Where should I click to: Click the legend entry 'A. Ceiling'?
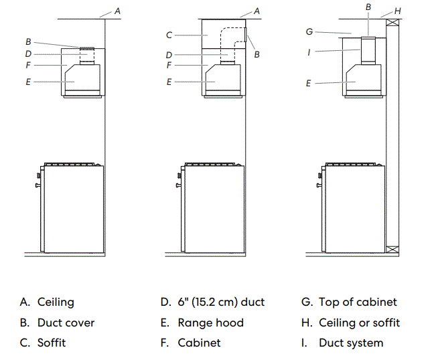coord(47,302)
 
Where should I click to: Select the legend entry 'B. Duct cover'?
coord(57,323)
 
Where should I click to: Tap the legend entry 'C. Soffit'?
coord(43,343)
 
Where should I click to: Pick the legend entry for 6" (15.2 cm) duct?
coord(212,302)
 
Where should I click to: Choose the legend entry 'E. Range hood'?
coord(202,323)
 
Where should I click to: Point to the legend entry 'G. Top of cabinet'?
coord(349,302)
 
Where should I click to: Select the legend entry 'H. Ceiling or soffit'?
coord(350,323)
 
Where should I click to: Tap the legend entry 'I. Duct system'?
coord(342,343)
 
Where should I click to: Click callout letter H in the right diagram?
coord(398,11)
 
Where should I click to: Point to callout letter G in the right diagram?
coord(309,31)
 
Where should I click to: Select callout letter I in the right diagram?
coord(309,51)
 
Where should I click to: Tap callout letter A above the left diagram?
coord(118,11)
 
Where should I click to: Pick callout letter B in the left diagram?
coord(27,42)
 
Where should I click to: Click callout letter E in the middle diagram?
coord(169,82)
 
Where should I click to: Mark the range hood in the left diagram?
coord(83,78)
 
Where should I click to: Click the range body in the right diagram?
coord(355,207)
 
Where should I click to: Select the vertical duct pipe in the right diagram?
coord(368,51)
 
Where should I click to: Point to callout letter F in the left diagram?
coord(27,65)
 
